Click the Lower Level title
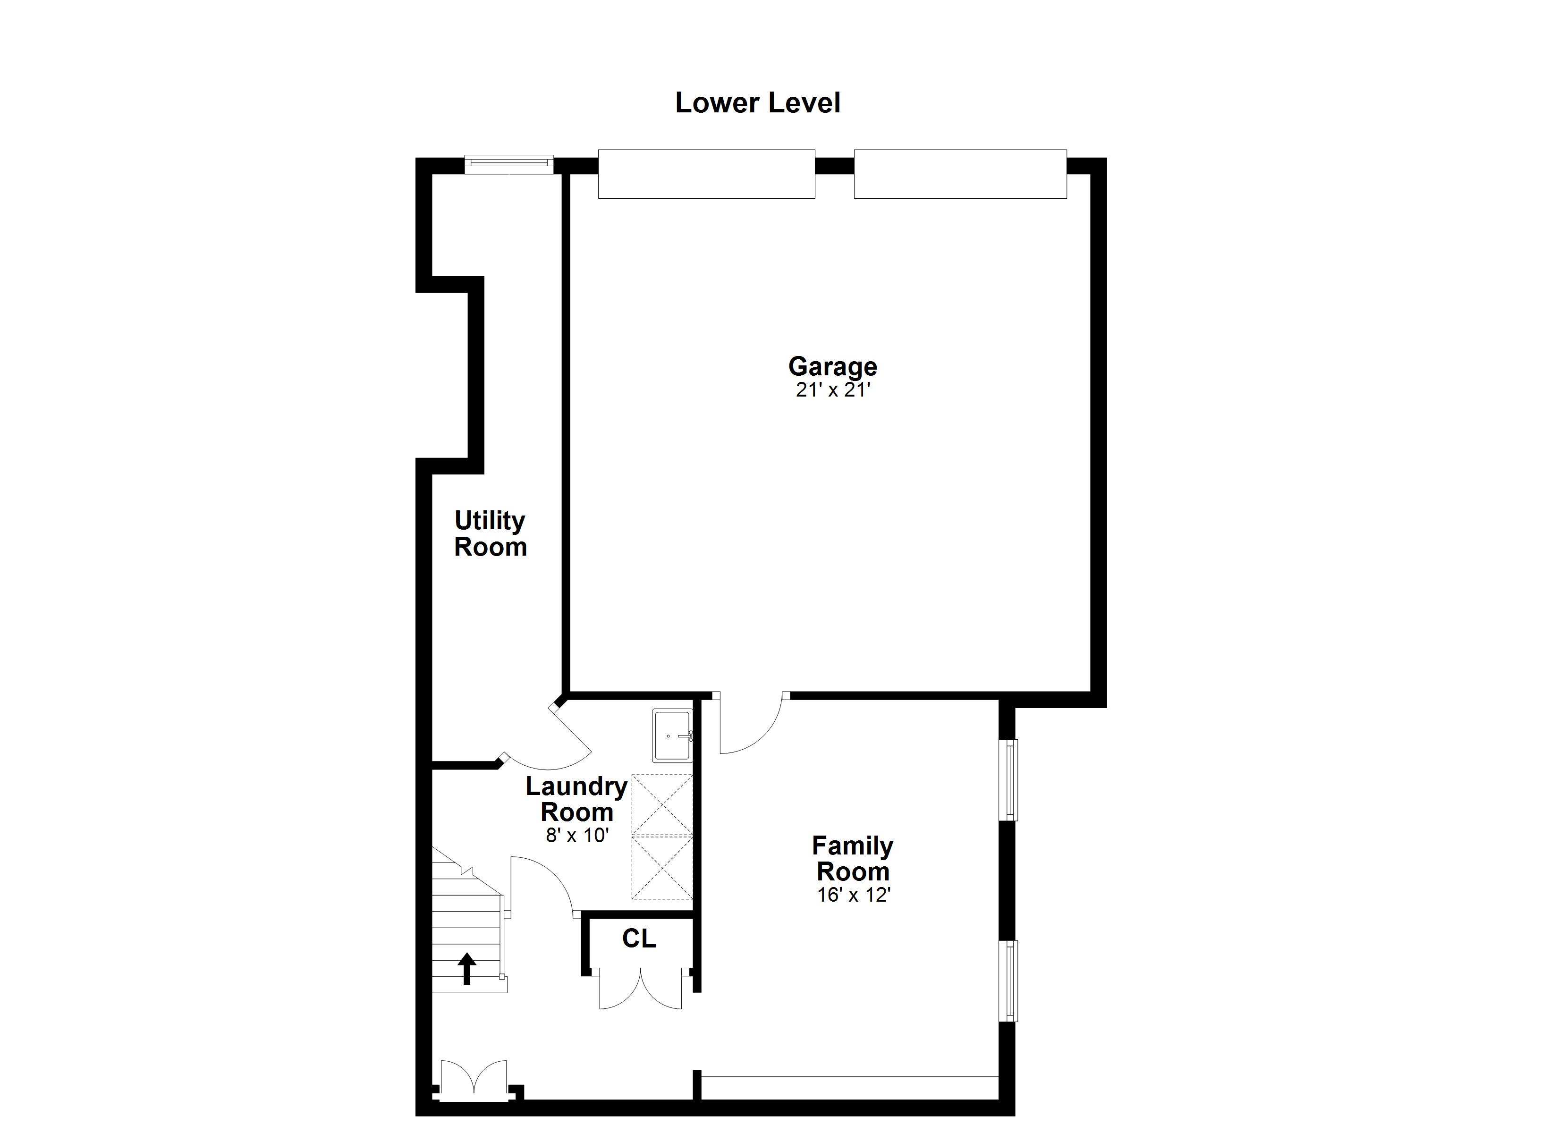tap(758, 103)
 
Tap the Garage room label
tap(832, 366)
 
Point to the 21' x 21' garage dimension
tap(833, 390)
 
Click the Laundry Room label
tap(576, 799)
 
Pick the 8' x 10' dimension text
tap(577, 836)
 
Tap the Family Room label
tap(853, 859)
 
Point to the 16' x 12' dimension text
tap(853, 895)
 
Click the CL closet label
tap(639, 939)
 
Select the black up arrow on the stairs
tap(467, 968)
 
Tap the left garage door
tap(706, 174)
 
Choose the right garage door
tap(960, 174)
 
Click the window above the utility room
tap(509, 164)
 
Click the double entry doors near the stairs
tap(474, 1081)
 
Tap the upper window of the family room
tap(1008, 780)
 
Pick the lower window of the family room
tap(1008, 981)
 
